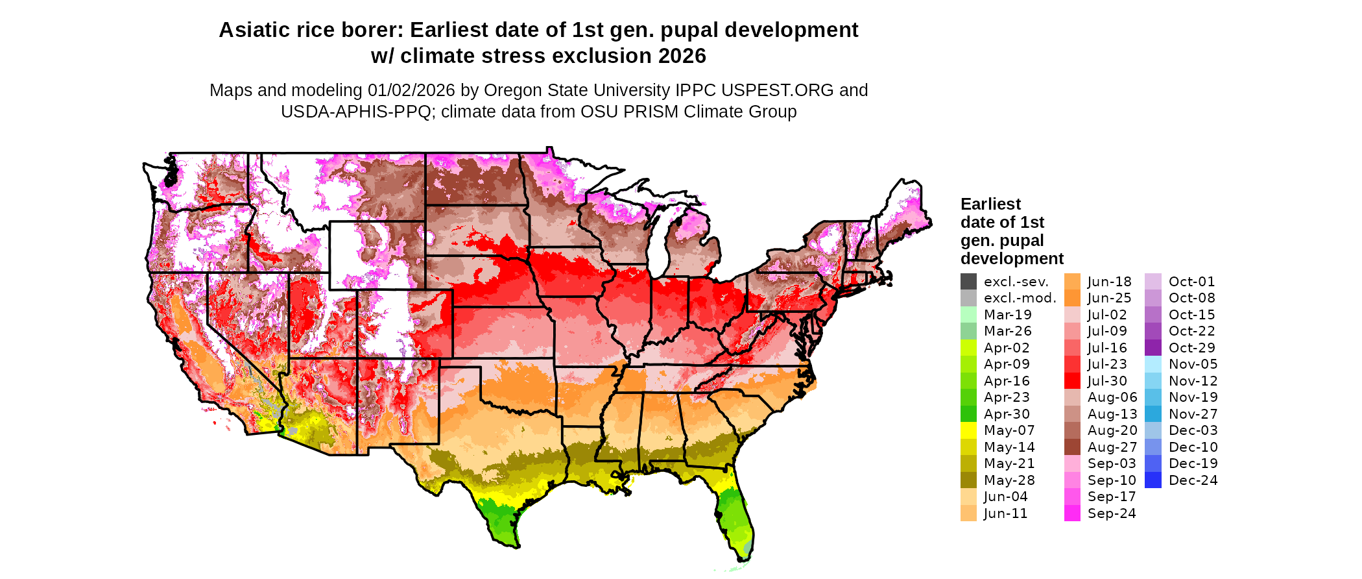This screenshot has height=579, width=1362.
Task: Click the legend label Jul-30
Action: coord(1107,381)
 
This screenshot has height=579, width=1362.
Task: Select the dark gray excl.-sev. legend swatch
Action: coord(968,282)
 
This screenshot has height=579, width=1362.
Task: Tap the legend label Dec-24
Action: coord(1193,480)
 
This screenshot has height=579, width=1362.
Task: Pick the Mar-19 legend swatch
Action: coord(968,315)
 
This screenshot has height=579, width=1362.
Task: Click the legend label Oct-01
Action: coord(1191,282)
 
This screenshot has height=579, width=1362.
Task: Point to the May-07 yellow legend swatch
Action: coord(968,430)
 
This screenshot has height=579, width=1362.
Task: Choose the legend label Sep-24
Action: coord(1112,513)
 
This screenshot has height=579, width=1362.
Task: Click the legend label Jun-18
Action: coord(1109,282)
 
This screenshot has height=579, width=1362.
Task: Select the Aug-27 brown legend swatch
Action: coord(1072,447)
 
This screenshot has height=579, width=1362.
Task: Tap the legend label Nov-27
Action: coord(1193,414)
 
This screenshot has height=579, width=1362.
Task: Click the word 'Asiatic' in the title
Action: coord(256,31)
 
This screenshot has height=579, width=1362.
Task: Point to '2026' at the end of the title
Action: coord(682,56)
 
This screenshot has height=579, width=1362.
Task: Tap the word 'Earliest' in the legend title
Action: coord(990,204)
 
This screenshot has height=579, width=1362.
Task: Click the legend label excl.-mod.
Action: coord(1020,299)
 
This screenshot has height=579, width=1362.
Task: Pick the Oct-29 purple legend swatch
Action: coord(1153,348)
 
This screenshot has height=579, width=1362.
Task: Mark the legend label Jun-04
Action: coord(1005,497)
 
